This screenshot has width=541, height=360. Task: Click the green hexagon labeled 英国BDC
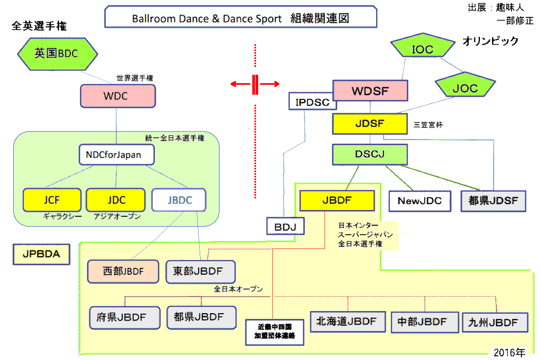57,53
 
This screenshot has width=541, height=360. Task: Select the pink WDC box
117,96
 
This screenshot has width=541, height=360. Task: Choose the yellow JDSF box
370,124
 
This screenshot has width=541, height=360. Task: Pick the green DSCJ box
370,154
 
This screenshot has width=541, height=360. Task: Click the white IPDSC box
312,101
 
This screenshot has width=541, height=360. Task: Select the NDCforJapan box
117,155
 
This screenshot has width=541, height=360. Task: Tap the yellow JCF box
52,199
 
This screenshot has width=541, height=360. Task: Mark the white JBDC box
179,200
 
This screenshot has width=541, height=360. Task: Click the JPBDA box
42,254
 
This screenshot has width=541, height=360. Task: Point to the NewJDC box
419,200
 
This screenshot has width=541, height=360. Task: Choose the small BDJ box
286,227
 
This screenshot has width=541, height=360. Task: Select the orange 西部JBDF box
123,272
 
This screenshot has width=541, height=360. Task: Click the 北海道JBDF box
347,321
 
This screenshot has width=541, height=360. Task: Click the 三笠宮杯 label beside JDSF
428,125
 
